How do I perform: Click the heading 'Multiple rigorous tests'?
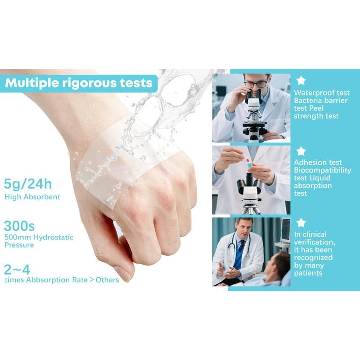79,83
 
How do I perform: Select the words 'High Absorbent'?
32,197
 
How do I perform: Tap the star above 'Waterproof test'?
301,81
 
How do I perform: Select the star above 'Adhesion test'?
301,151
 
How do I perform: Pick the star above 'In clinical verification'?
301,223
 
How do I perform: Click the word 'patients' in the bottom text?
310,273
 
